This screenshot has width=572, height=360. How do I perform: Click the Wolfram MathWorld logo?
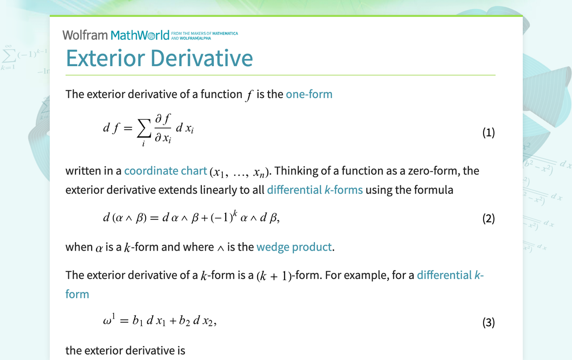point(116,35)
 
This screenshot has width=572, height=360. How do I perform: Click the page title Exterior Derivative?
point(159,58)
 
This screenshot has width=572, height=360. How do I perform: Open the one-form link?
point(309,94)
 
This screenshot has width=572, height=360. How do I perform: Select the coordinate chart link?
point(165,171)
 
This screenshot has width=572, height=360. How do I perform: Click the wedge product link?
point(294,247)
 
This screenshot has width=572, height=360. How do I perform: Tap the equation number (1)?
point(488,132)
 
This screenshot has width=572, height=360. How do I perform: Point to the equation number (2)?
point(488,218)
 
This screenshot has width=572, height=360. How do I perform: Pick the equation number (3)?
point(488,322)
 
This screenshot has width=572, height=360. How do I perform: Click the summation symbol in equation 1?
point(143,129)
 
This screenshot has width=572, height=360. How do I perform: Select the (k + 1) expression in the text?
point(274,276)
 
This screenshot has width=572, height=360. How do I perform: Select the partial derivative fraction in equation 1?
point(163,128)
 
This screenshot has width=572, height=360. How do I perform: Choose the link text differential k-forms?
point(315,189)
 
